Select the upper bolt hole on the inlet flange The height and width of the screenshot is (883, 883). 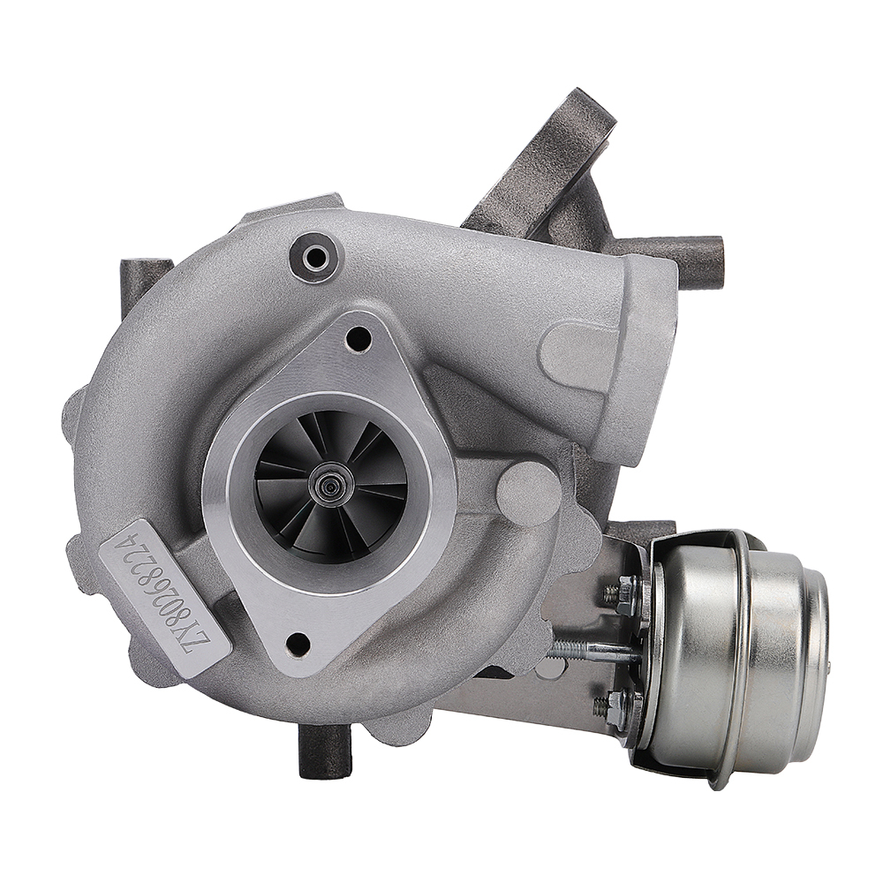point(358,337)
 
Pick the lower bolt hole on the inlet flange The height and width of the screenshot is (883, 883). point(299,644)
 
